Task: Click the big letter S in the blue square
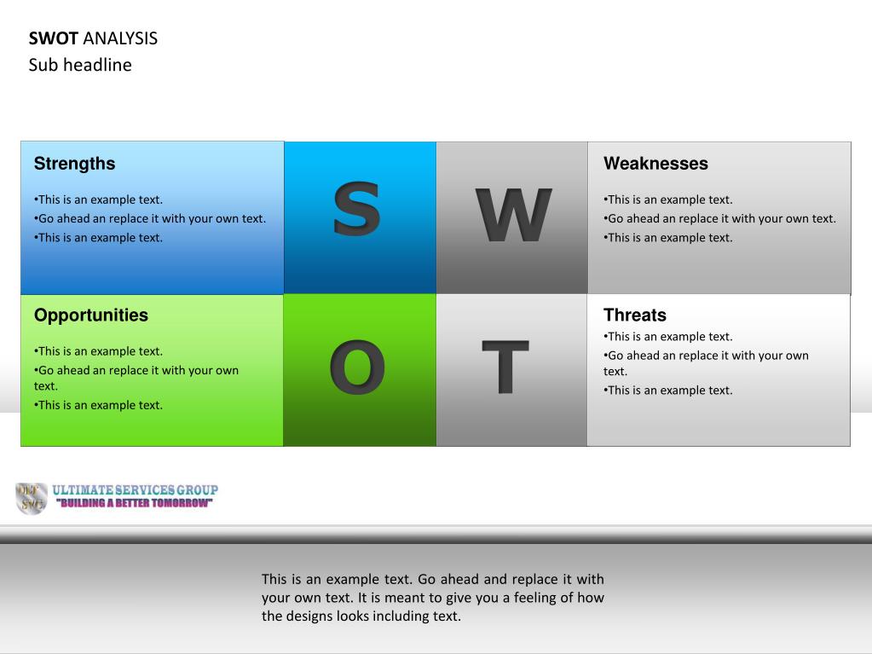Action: (356, 209)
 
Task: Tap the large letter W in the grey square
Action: (513, 215)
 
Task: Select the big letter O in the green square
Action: (357, 367)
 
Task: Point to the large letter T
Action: (505, 367)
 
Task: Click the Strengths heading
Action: (74, 164)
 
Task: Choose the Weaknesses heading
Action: (655, 164)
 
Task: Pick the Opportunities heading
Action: (91, 315)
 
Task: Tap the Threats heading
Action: (635, 315)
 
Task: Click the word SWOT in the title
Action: (54, 38)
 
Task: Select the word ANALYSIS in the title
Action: (120, 38)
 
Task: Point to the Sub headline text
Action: (80, 65)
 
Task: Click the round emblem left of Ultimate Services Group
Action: (32, 498)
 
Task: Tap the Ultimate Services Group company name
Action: (136, 490)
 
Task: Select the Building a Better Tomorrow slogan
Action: (134, 503)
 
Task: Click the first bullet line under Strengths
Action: (98, 200)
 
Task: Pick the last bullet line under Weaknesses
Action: (668, 237)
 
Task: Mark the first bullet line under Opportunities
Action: (98, 351)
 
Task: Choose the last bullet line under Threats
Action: (668, 391)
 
